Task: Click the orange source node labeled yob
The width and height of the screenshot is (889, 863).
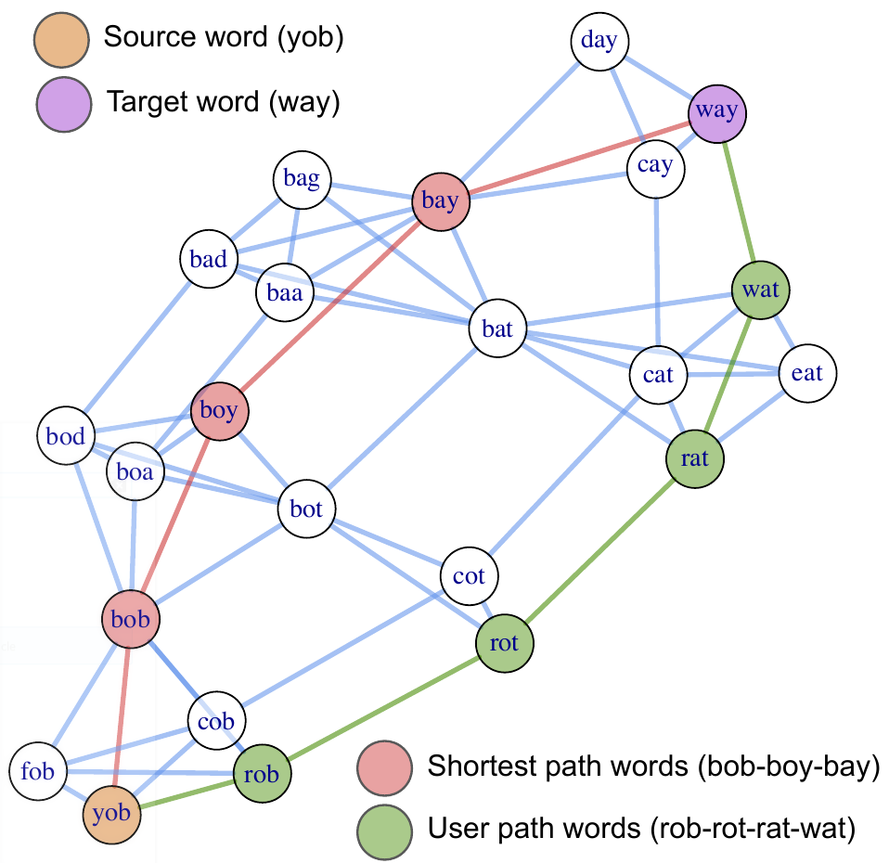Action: (x=111, y=815)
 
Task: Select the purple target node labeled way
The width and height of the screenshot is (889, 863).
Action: (x=717, y=111)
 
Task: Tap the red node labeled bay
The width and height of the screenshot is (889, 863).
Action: (x=440, y=201)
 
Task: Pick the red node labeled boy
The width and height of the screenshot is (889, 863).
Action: (x=220, y=410)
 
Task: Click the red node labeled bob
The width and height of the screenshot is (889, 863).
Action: (x=130, y=619)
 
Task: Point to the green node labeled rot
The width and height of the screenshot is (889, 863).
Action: (x=504, y=642)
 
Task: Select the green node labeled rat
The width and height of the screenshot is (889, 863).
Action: (x=695, y=457)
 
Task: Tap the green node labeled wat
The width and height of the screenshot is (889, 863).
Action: (x=760, y=290)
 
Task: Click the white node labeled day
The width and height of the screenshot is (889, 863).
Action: (x=599, y=42)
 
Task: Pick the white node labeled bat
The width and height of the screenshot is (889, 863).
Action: (x=497, y=328)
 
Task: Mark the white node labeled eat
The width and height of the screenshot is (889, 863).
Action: (x=807, y=373)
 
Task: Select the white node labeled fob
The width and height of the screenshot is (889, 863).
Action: (x=38, y=771)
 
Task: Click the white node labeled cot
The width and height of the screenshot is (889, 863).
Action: (x=469, y=576)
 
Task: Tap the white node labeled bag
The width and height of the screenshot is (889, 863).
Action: (x=303, y=180)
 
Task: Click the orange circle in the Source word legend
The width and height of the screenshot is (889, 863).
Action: (x=60, y=39)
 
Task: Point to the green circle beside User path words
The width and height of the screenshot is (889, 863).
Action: (x=385, y=823)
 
